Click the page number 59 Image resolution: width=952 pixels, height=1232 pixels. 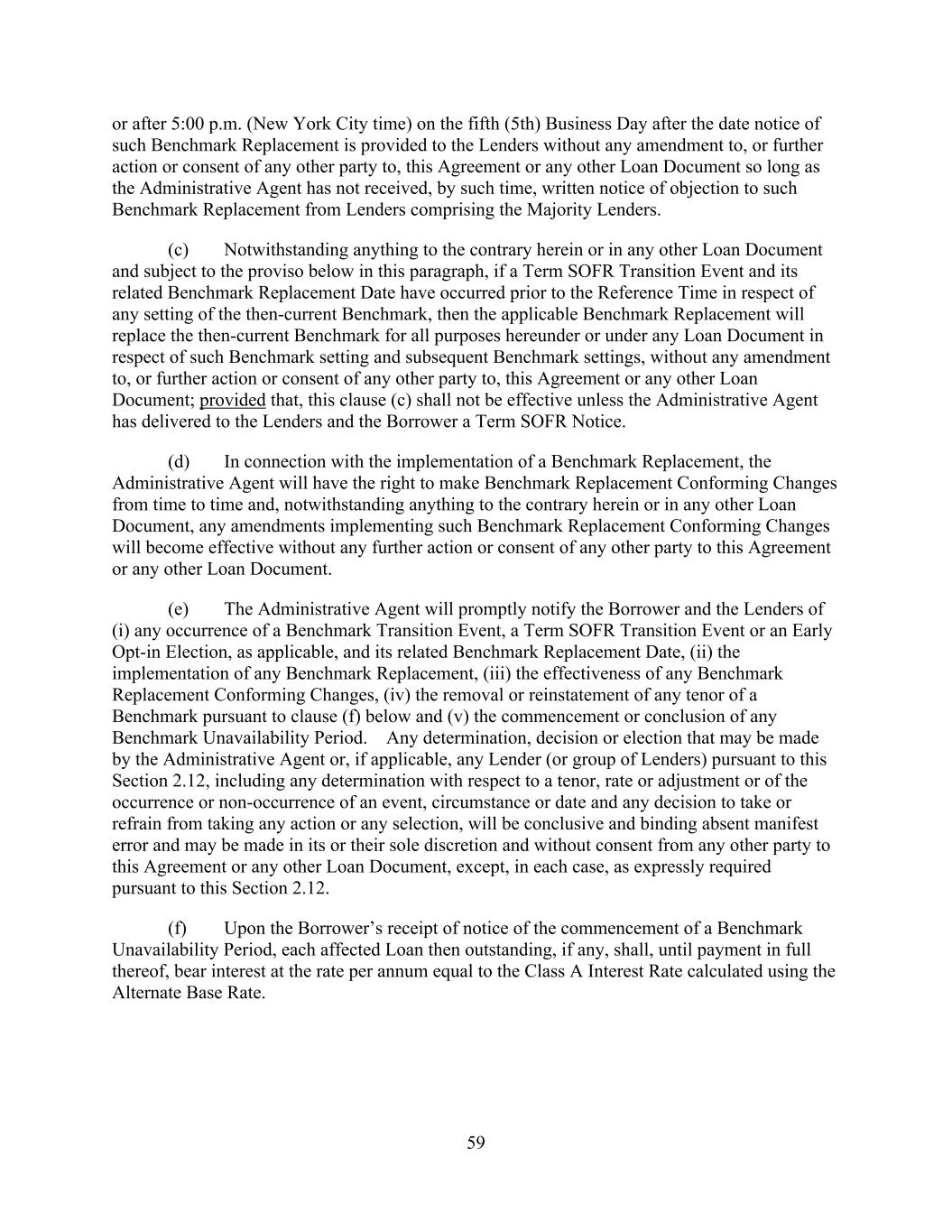coord(476,1144)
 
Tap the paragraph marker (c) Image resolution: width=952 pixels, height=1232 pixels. coord(179,250)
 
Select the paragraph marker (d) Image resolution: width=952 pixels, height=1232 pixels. coord(179,462)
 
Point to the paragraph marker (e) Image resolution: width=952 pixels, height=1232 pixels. coord(179,609)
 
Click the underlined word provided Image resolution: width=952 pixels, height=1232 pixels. coord(232,401)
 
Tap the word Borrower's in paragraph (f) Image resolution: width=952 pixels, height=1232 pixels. coord(314,929)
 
